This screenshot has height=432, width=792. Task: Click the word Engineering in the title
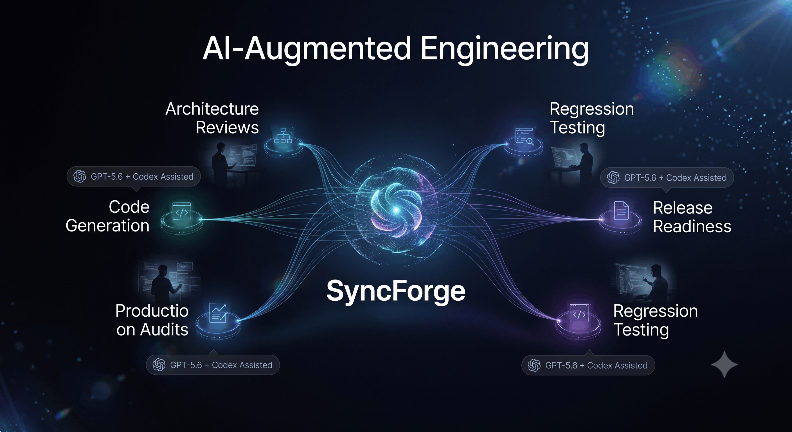[x=504, y=49]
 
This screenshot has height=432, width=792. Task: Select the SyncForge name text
[x=396, y=291]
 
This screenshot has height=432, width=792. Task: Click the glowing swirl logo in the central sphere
[x=396, y=210]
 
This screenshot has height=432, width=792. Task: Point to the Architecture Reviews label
[x=212, y=118]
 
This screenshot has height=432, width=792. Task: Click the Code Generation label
[x=108, y=216]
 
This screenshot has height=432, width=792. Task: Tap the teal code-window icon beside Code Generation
[x=182, y=211]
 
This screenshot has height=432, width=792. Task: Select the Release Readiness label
[x=692, y=217]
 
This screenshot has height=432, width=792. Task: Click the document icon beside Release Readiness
[x=621, y=211]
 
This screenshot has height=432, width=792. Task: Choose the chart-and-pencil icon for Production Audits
[x=218, y=313]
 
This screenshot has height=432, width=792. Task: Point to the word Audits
[x=164, y=330]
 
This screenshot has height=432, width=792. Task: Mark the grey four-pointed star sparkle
[x=724, y=364]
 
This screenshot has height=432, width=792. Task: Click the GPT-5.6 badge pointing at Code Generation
[x=134, y=177]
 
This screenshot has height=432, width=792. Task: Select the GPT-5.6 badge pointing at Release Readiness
[x=667, y=177]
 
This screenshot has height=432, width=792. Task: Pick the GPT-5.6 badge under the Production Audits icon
[x=213, y=365]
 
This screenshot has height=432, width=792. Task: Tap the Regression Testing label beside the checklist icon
[x=591, y=118]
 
